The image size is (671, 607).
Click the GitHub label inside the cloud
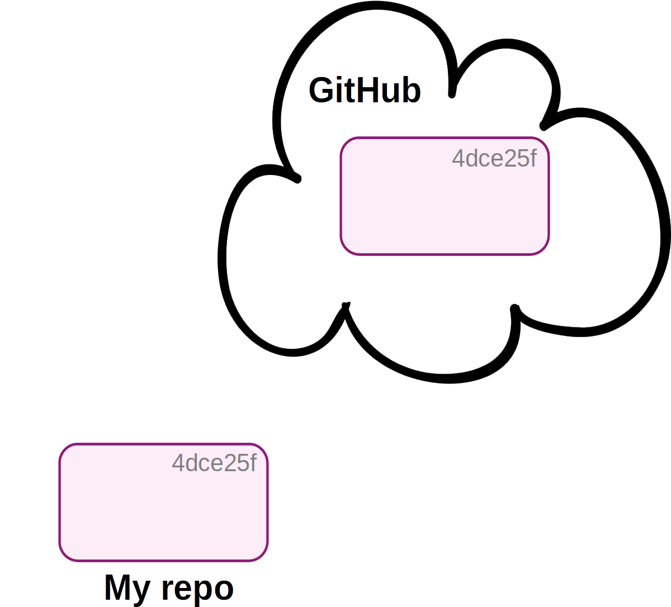pos(365,91)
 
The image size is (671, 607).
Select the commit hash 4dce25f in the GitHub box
pos(494,159)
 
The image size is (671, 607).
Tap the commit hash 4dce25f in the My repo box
pos(214,463)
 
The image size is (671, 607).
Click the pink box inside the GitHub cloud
pos(445,207)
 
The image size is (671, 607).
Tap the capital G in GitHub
pos(322,91)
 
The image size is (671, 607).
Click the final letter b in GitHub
pos(412,91)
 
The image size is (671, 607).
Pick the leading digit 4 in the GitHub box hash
pos(459,159)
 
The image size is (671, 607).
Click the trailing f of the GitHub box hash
pos(533,158)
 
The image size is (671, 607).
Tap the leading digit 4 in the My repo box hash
pos(178,463)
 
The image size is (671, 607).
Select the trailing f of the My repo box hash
pos(253,463)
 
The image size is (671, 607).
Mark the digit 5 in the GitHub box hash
pos(522,159)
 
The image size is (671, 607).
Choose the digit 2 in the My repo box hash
pos(230,463)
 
